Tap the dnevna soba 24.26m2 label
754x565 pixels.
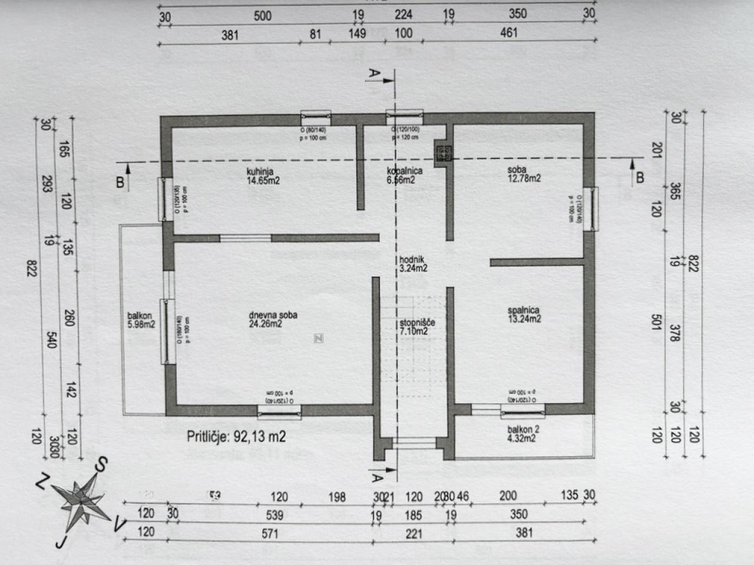(x=273, y=319)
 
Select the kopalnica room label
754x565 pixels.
(x=404, y=175)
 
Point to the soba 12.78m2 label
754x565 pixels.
(x=524, y=174)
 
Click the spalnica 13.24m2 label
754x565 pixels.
(x=524, y=314)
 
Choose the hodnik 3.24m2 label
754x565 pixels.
(x=413, y=264)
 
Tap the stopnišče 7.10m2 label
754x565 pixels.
(x=417, y=327)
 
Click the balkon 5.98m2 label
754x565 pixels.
(x=141, y=320)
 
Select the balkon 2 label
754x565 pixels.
(x=523, y=434)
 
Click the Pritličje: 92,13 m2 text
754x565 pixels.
(x=236, y=436)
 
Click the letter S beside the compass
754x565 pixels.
(x=101, y=465)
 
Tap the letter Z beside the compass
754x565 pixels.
(x=41, y=483)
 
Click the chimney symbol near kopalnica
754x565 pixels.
(x=442, y=152)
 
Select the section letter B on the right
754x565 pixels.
(x=639, y=177)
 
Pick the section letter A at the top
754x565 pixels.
(x=373, y=74)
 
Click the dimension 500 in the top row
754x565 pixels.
(x=262, y=16)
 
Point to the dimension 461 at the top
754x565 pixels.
(x=508, y=33)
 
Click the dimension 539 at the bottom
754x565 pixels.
(x=275, y=515)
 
